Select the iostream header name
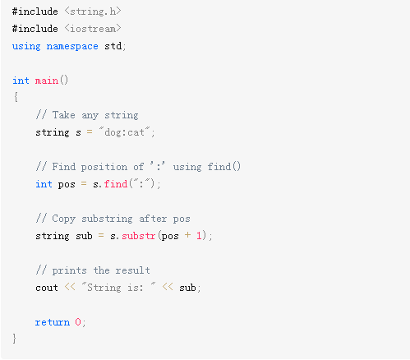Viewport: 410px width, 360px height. [x=93, y=29]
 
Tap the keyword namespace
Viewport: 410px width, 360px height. [x=72, y=46]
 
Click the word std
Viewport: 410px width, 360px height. [x=113, y=46]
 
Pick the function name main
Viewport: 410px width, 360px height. [x=47, y=81]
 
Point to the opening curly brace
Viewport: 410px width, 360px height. [x=16, y=97]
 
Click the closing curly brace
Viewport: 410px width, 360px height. [x=15, y=339]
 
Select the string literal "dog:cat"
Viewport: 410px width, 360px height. [x=124, y=132]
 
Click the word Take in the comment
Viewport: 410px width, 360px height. [x=63, y=115]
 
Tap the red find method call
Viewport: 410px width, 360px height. [x=116, y=183]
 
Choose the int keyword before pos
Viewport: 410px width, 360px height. [x=44, y=184]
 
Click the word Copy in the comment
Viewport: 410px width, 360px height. [x=63, y=219]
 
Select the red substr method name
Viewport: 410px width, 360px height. [x=139, y=236]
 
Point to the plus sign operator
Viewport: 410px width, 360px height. [x=187, y=235]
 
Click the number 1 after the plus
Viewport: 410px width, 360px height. [x=199, y=236]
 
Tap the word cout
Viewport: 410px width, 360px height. [x=47, y=288]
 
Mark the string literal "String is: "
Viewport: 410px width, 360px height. [x=118, y=287]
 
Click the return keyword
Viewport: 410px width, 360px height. [x=53, y=322]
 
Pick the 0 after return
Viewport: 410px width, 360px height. [x=78, y=322]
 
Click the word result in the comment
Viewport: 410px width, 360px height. [x=132, y=270]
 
